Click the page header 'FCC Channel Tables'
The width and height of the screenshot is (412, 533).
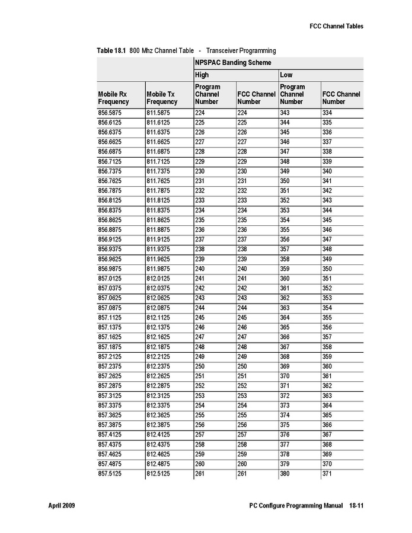pyautogui.click(x=336, y=26)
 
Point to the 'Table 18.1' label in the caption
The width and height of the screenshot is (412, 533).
pyautogui.click(x=111, y=51)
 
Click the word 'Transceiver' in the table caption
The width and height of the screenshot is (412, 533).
pyautogui.click(x=225, y=51)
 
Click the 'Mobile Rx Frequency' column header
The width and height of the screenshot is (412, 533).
pyautogui.click(x=113, y=98)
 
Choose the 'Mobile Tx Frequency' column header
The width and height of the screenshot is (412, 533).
pyautogui.click(x=161, y=98)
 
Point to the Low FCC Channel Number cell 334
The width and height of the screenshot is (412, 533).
pyautogui.click(x=327, y=113)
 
